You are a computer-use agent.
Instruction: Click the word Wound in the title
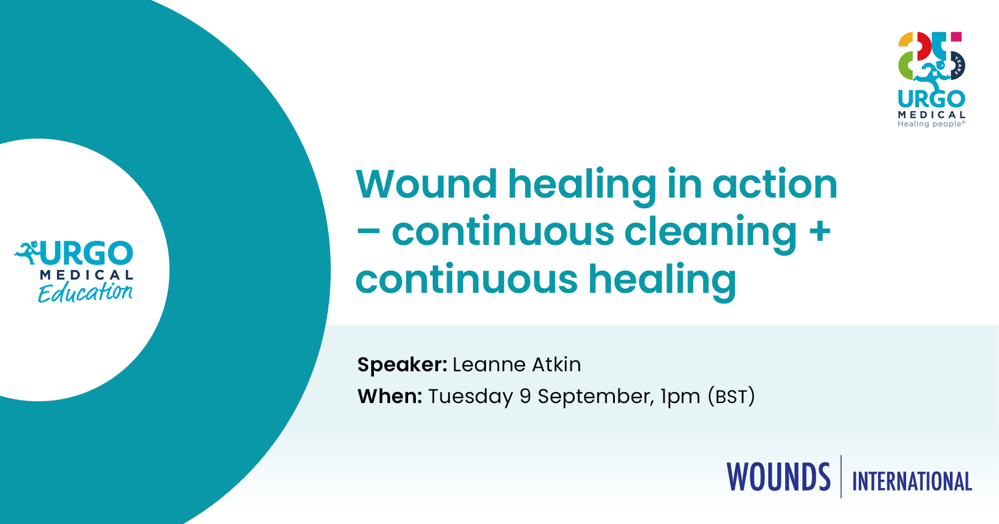click(x=426, y=184)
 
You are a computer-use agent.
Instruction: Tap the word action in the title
click(x=775, y=184)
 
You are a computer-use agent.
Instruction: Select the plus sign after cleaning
click(x=820, y=232)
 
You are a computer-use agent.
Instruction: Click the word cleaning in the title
click(x=711, y=232)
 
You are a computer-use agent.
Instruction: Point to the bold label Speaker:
click(x=402, y=365)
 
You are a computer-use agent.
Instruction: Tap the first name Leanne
click(x=489, y=365)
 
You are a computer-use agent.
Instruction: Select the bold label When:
click(x=390, y=396)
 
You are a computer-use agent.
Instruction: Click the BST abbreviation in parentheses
click(x=731, y=396)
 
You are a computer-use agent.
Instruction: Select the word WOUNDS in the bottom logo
click(x=778, y=477)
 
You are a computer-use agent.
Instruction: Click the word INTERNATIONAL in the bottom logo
click(x=912, y=481)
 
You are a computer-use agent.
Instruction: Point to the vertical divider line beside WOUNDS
click(x=841, y=476)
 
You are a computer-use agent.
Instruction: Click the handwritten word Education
click(x=85, y=292)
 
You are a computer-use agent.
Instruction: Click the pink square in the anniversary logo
click(x=956, y=37)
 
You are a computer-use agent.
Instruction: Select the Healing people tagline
click(x=931, y=124)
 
